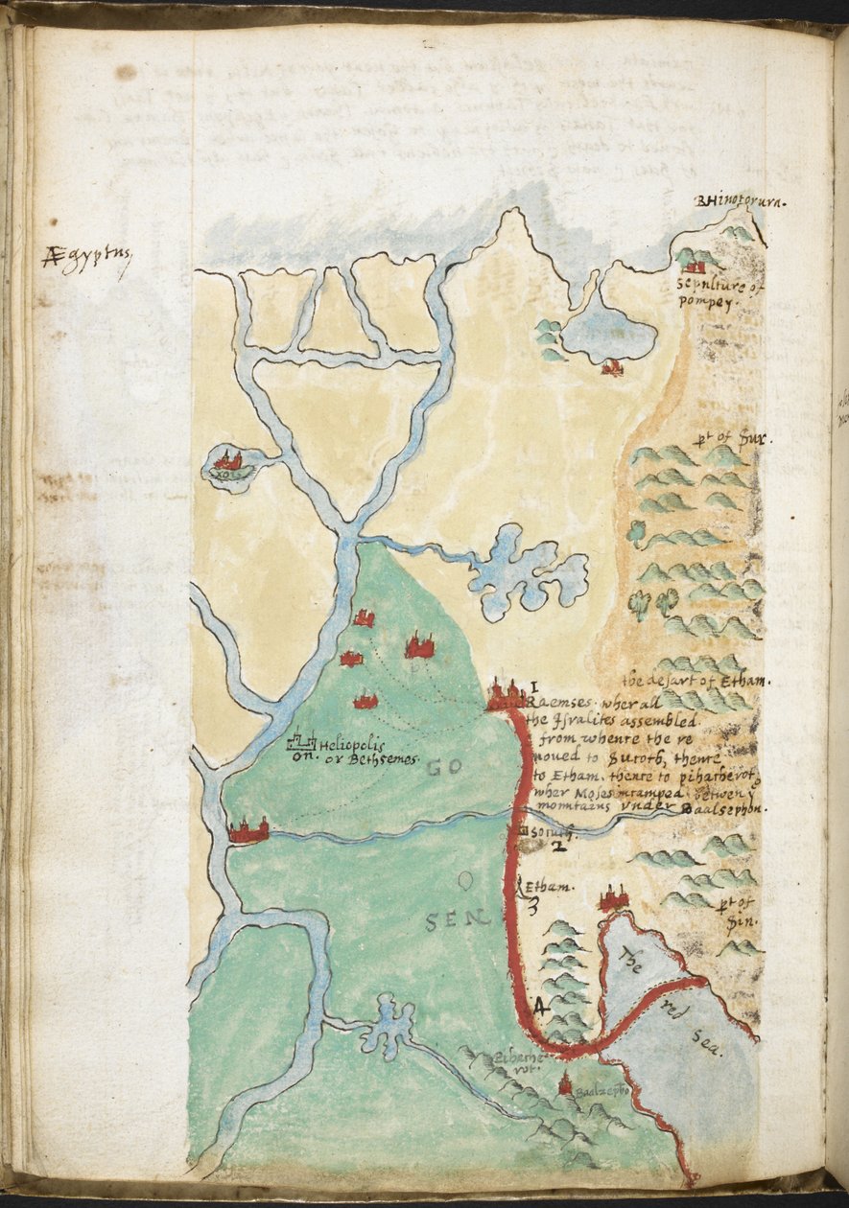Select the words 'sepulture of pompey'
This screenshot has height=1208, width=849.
pos(708,292)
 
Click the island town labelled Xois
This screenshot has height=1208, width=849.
pos(229,462)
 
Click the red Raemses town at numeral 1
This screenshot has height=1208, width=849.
pos(505,694)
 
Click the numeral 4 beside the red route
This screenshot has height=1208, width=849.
pos(539,1006)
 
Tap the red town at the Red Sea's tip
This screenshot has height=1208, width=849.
pos(613,899)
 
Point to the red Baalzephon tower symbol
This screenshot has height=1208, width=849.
pos(565,1084)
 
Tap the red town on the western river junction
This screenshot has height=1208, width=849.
pos(248,830)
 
